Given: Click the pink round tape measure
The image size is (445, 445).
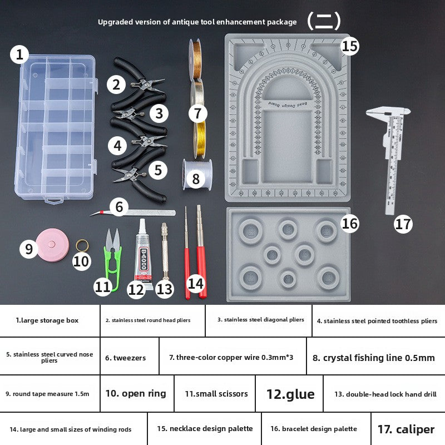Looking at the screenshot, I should point(53,244).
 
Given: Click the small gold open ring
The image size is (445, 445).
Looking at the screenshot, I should point(81,245).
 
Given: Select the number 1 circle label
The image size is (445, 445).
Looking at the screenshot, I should point(20,55).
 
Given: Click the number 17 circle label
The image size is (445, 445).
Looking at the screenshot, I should point(403,224).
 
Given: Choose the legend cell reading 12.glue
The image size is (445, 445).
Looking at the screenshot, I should point(290,394).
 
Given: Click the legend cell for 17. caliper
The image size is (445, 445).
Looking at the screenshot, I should point(406,429).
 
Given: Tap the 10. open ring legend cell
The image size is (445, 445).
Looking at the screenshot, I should point(136,394).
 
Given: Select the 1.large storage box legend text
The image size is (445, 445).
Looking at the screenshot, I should point(47,320).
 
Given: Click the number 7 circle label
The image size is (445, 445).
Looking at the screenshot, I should point(197,113).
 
